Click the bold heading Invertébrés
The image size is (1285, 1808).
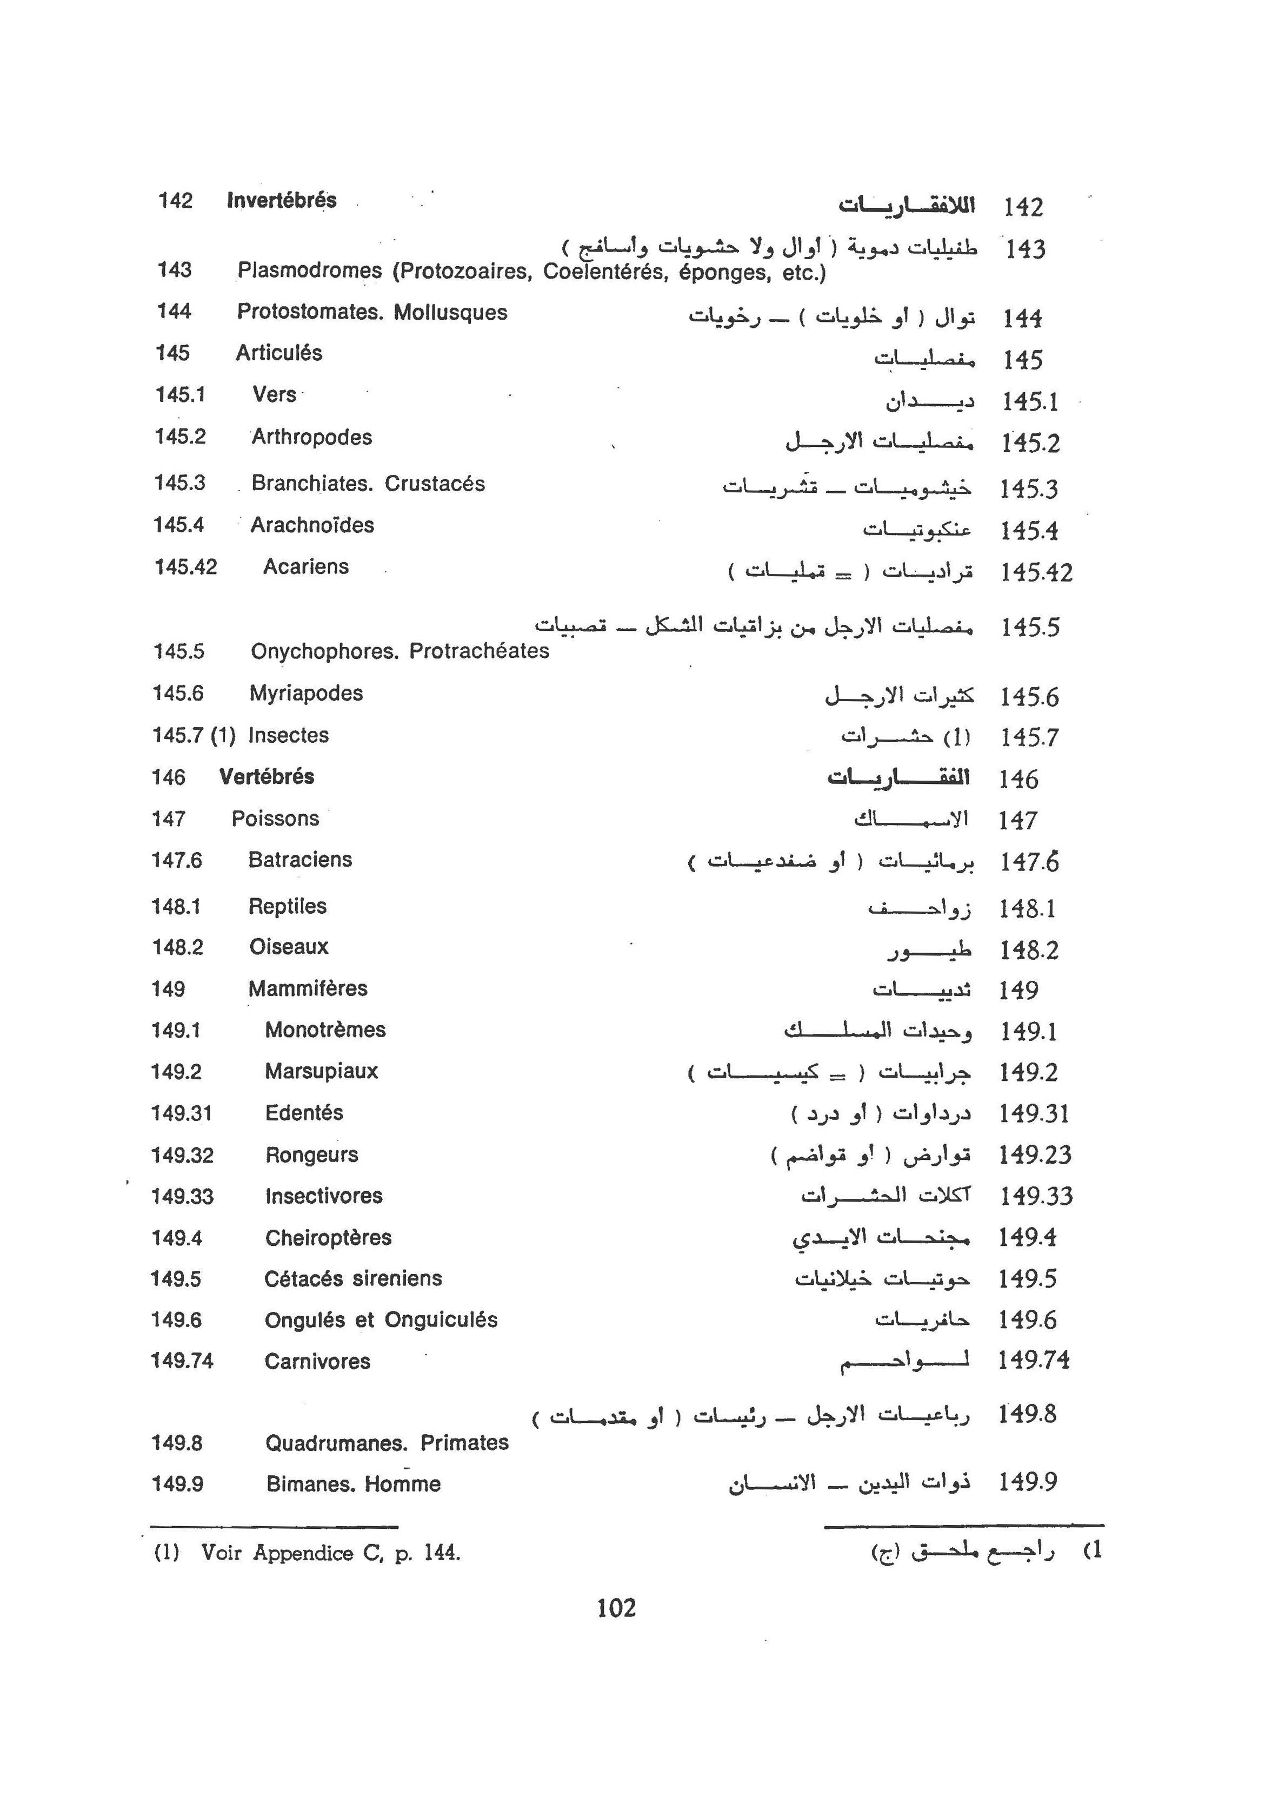[x=281, y=200]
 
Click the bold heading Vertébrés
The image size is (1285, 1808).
[x=267, y=776]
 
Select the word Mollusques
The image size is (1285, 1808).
[x=450, y=313]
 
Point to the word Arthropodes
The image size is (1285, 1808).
[x=312, y=437]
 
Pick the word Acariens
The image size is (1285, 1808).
[x=306, y=567]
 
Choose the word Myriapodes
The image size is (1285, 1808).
[x=306, y=694]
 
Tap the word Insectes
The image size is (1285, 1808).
[x=288, y=735]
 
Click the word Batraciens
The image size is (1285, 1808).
[x=300, y=860]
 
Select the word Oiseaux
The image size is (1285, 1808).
[x=289, y=947]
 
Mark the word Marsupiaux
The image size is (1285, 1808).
[x=321, y=1071]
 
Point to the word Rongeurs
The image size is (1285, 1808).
[x=312, y=1155]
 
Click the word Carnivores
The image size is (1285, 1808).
[x=317, y=1362]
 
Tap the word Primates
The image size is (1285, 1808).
[x=464, y=1442]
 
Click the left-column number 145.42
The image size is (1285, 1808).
[x=185, y=567]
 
